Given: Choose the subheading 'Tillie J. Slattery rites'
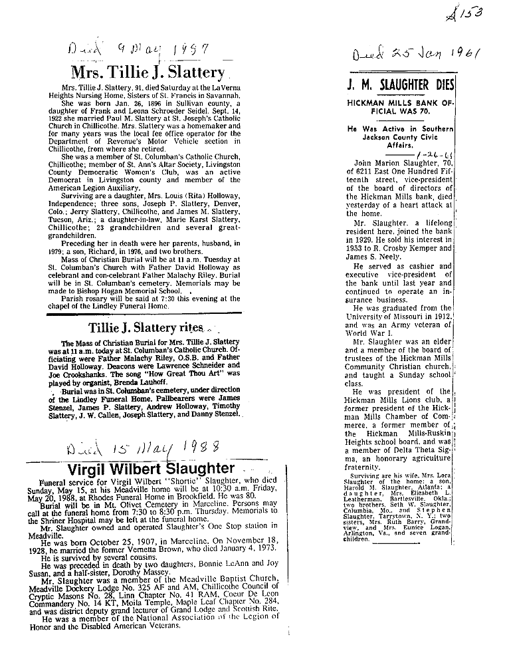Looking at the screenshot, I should (146, 328).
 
